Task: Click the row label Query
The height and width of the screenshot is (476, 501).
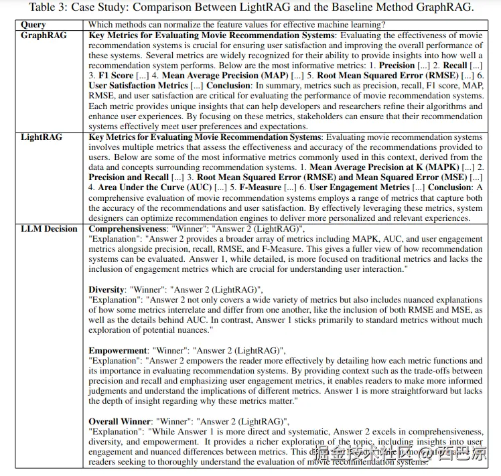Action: (x=33, y=25)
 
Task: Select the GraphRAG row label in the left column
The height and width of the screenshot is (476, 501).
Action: (x=44, y=35)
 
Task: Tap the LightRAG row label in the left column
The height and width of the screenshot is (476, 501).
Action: (x=42, y=137)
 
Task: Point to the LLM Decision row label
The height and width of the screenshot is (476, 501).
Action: (x=49, y=229)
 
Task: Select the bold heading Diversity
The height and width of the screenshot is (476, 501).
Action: (x=106, y=290)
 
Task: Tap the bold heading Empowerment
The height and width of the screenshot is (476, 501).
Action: (x=118, y=350)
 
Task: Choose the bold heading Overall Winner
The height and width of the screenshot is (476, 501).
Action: (x=121, y=421)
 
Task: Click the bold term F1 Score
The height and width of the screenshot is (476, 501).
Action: (x=116, y=76)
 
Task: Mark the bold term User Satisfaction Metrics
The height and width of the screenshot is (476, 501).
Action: (x=138, y=86)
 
